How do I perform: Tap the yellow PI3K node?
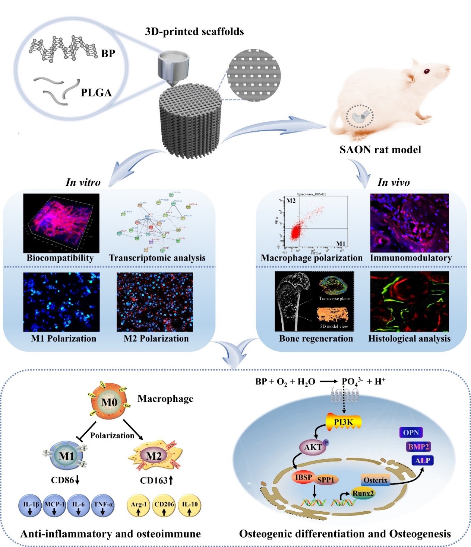coord(344,422)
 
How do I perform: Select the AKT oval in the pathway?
coord(313,447)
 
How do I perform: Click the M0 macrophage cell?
coord(109,402)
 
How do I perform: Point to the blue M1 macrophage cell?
coord(67,455)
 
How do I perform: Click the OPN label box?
coord(411,432)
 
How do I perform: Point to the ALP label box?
coord(423,461)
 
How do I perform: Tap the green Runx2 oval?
coord(363,493)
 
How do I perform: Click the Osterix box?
coord(375,480)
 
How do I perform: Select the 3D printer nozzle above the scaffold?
coord(173,68)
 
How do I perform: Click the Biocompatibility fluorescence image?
coord(61,223)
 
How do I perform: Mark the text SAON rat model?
coord(380,150)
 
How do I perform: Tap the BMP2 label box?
coord(418,447)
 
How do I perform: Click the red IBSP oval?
coord(303,477)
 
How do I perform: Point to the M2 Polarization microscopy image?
coord(155,302)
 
